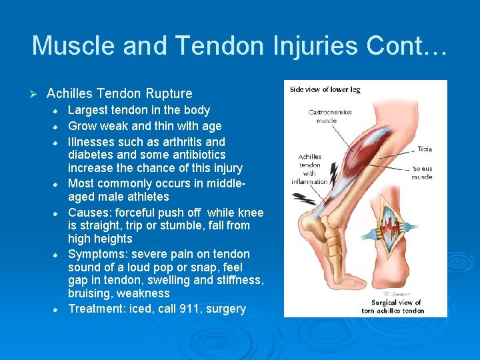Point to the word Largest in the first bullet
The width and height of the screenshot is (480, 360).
point(89,110)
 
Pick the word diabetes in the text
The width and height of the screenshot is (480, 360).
point(91,155)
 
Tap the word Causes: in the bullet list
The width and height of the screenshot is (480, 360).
point(90,213)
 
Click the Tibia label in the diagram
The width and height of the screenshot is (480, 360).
point(424,149)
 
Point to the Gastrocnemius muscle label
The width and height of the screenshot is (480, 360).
point(330,117)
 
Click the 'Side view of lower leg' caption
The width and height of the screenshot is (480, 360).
point(325,90)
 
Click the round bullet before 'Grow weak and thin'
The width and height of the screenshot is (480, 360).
point(57,127)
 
